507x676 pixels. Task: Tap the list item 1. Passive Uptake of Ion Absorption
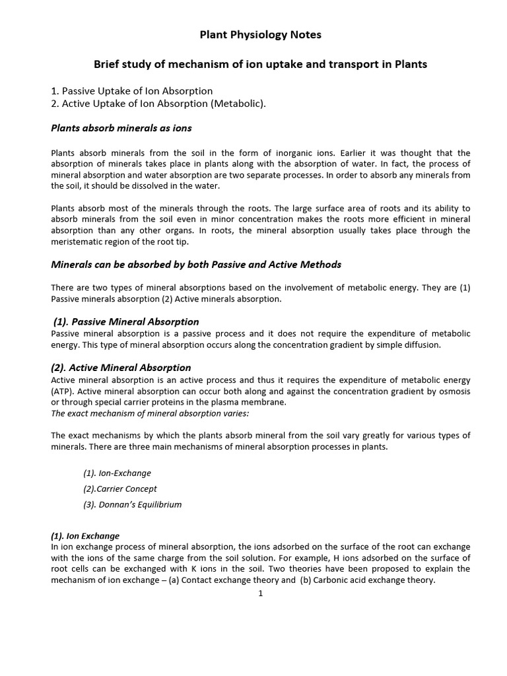[132, 90]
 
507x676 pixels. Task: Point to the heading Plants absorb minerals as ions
[121, 127]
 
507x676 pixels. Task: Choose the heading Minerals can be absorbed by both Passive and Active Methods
[196, 264]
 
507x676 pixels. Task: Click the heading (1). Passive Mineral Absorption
[126, 321]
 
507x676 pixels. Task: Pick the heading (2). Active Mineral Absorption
[121, 367]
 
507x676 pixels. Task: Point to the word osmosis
[452, 391]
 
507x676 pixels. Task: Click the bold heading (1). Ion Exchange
[85, 536]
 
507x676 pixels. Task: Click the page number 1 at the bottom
[261, 593]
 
